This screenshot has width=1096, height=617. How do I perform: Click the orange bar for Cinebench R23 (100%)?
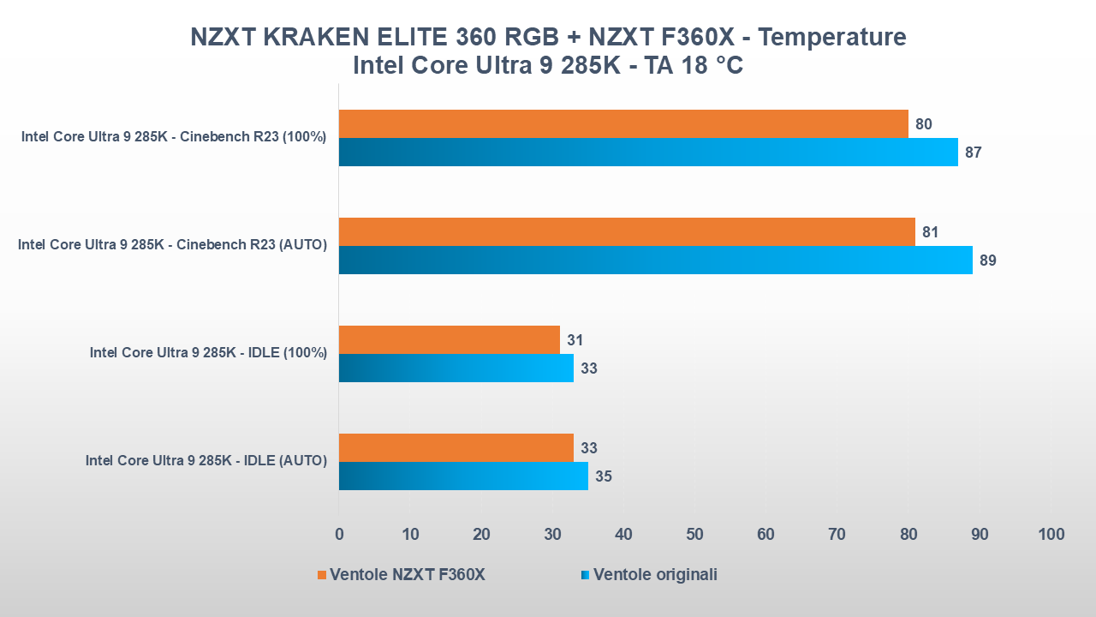point(623,124)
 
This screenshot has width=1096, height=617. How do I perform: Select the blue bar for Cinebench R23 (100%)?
point(648,153)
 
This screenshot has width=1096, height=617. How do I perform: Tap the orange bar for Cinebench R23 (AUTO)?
point(627,232)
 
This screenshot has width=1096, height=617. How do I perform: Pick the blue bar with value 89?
point(655,261)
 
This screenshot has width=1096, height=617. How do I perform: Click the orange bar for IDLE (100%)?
point(449,340)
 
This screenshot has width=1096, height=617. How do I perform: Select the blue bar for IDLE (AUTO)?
point(463,476)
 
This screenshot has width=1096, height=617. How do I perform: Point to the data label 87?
point(973,153)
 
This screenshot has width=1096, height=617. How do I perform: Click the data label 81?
point(930,232)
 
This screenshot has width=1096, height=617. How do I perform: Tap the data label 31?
point(575,340)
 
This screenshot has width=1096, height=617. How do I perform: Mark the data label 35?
point(603,476)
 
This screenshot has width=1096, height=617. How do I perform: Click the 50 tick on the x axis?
point(694,535)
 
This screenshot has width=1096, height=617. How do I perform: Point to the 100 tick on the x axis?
point(1051,535)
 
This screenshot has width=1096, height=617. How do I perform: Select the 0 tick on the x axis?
point(339,535)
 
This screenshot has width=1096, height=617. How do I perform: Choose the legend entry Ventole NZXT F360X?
point(407,575)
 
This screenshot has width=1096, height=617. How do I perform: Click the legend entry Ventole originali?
point(655,575)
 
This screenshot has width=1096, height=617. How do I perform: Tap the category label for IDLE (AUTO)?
point(205,461)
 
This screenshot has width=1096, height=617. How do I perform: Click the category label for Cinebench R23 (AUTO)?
point(172,245)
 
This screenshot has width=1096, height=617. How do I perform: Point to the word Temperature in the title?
point(832,38)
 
